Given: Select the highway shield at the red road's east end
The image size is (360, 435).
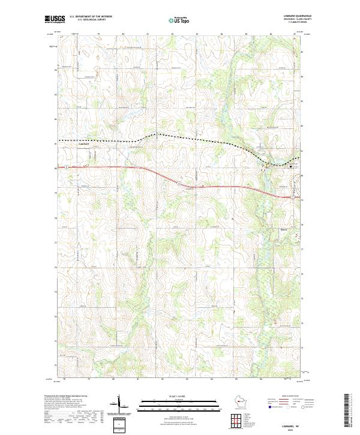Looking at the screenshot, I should coord(292,197).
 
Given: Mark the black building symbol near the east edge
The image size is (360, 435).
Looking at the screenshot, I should coord(293,166).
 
